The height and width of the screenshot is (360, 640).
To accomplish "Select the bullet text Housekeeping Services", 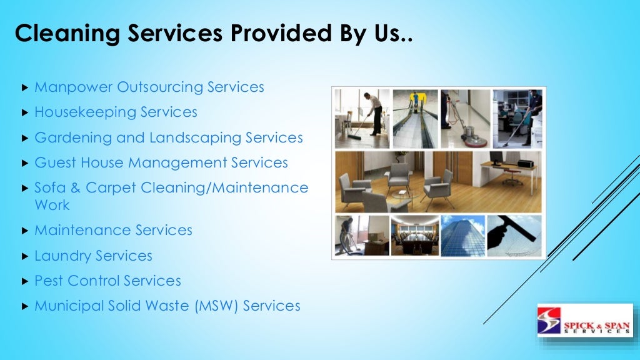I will (x=116, y=112).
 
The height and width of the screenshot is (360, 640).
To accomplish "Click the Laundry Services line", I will (x=93, y=256).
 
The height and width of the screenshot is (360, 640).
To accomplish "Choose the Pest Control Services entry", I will (x=107, y=281).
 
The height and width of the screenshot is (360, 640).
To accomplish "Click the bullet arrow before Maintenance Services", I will (x=24, y=231).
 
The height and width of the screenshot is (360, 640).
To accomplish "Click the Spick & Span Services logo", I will (x=585, y=321).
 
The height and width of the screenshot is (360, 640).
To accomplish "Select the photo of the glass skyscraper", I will (x=463, y=236).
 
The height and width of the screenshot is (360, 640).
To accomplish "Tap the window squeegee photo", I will (x=514, y=236).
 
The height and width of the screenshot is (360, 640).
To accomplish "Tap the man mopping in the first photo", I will (x=374, y=112).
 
